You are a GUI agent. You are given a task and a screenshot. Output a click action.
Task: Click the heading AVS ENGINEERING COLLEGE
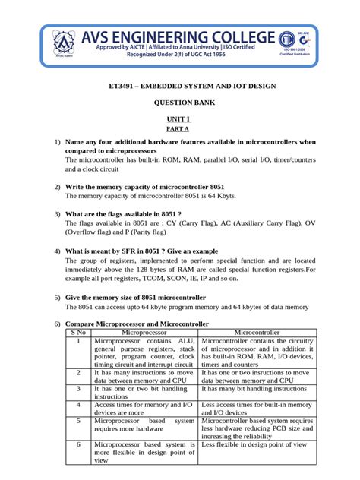182,37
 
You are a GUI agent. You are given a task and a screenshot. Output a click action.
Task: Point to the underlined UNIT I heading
179,119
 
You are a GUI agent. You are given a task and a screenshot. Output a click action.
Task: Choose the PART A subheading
179,129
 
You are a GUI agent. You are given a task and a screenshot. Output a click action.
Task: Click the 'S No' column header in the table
78,332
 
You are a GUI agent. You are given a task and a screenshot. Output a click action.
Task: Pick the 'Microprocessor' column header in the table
144,332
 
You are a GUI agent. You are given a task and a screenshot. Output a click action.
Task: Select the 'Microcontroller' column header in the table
257,332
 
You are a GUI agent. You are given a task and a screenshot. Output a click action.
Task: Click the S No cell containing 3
78,387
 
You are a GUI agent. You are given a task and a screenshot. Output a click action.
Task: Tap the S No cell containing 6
78,444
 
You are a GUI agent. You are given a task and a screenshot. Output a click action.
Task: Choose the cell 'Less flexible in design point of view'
257,444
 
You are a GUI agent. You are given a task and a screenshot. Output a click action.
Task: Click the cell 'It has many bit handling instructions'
257,387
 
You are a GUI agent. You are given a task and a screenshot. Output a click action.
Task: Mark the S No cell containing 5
78,420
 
